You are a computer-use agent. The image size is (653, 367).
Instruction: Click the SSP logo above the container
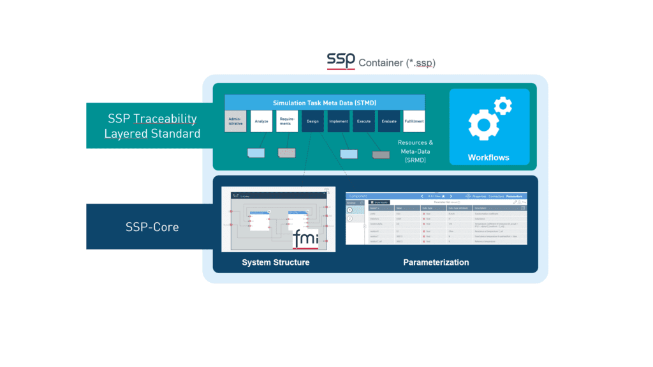point(341,61)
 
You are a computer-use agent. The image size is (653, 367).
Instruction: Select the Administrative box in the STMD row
point(235,121)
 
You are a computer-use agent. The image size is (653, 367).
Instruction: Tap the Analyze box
point(261,121)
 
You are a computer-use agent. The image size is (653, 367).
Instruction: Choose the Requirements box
point(287,121)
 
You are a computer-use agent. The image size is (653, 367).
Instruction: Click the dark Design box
point(312,121)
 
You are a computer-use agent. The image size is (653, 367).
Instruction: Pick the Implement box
point(338,121)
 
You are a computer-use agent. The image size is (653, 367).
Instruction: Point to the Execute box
point(363,121)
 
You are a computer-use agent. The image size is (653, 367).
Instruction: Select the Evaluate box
point(389,121)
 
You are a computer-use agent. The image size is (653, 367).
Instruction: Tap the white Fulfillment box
point(415,121)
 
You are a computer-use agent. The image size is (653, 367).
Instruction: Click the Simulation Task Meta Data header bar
point(325,102)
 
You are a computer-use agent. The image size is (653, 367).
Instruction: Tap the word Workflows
point(488,158)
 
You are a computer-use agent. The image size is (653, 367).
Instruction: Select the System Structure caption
point(275,262)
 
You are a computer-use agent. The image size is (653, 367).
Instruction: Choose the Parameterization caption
point(436,262)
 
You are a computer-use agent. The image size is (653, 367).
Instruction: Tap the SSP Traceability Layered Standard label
point(152,126)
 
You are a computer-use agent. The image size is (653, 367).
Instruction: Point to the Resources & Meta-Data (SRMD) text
point(415,152)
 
